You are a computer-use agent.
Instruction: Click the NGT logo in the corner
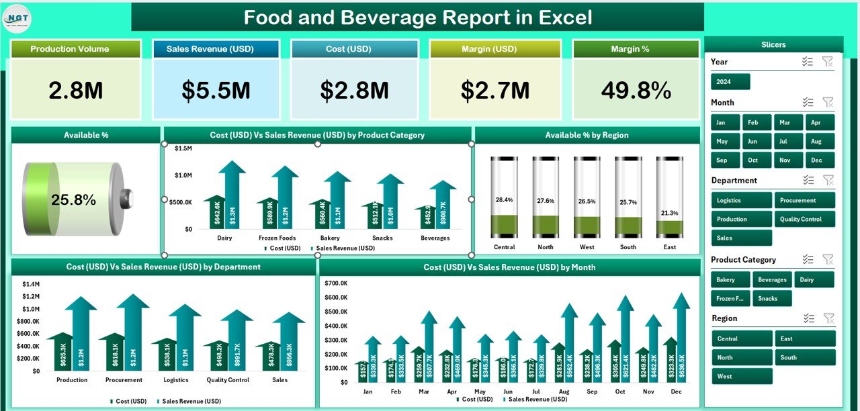pos(17,17)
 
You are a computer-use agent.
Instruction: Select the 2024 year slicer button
pos(730,82)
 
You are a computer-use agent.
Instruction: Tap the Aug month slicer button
pos(816,142)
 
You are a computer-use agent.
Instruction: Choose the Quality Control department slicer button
pos(804,219)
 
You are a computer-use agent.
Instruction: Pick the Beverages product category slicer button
pos(772,279)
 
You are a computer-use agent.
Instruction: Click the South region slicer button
pos(804,357)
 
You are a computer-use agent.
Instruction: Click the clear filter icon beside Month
pos(828,103)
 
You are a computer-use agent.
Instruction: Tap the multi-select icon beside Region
pos(808,318)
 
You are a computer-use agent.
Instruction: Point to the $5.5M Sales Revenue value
pos(216,91)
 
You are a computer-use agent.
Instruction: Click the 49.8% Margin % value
pos(636,91)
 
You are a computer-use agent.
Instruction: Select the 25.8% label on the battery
pos(73,199)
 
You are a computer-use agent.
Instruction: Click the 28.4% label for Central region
pos(504,200)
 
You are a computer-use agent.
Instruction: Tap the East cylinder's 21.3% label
pos(669,213)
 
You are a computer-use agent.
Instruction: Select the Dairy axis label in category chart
pos(225,238)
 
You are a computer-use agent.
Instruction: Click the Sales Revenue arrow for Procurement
pos(132,336)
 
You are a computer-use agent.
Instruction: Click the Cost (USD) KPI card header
pos(354,49)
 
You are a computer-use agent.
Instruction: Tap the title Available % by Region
pos(587,135)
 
